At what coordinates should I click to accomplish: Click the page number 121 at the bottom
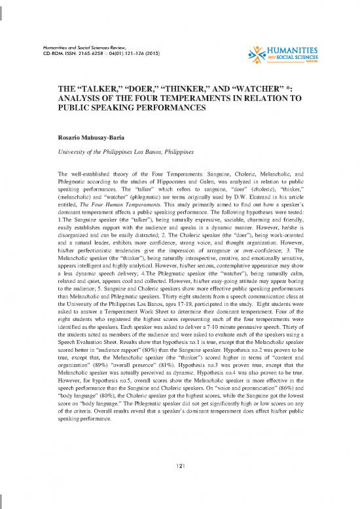(x=180, y=465)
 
